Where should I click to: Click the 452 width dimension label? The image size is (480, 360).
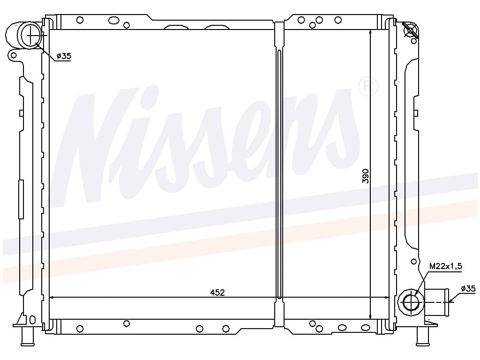[x=217, y=292]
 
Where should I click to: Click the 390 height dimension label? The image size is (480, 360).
[x=366, y=176]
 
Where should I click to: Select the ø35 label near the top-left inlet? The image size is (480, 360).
[x=64, y=56]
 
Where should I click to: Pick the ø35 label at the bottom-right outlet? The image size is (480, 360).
[x=468, y=288]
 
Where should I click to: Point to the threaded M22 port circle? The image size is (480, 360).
[x=411, y=302]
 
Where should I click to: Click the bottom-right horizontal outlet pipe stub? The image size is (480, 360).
[x=436, y=302]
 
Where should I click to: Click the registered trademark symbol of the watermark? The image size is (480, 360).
[x=368, y=86]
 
